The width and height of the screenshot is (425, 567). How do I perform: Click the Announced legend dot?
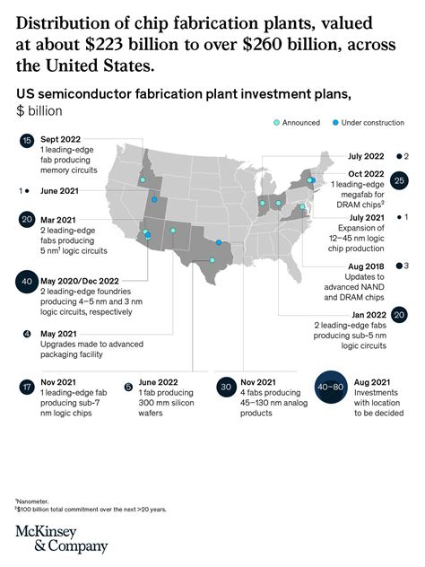click(277, 120)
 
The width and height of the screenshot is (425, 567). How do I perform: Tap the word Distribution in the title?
click(65, 22)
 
